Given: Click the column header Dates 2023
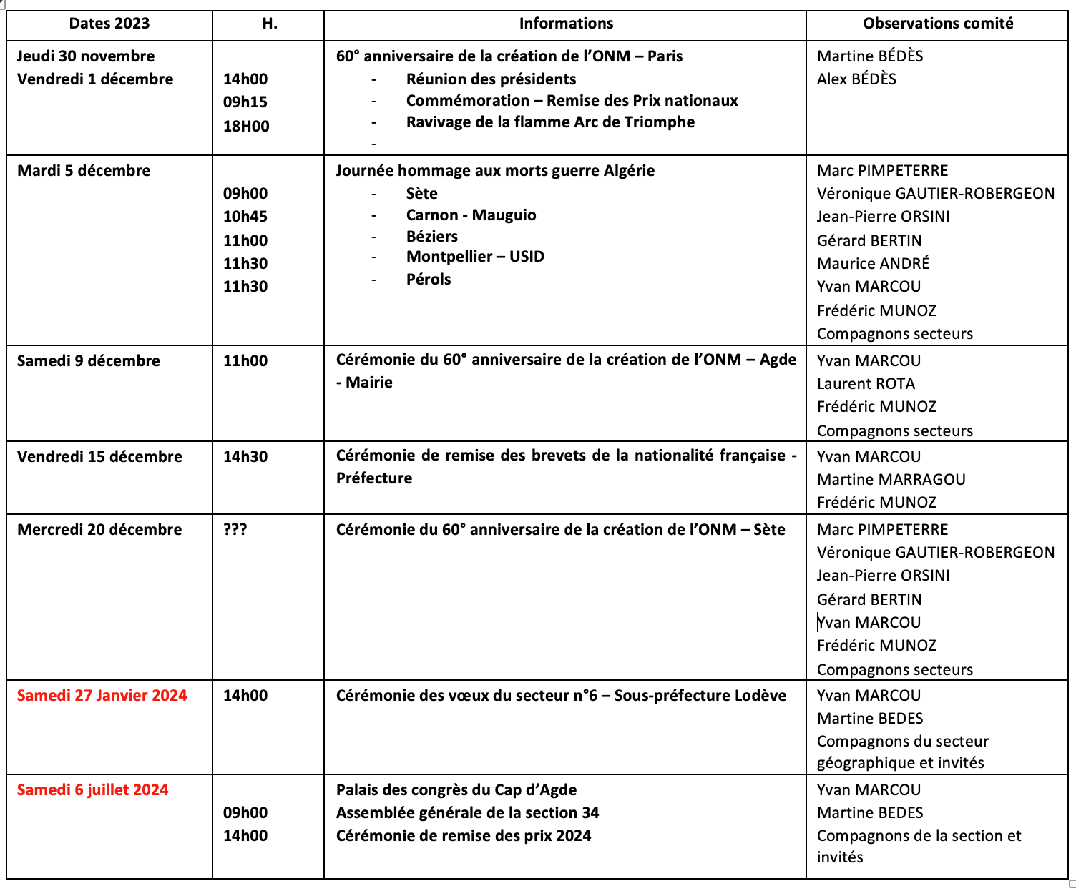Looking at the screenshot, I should (109, 24).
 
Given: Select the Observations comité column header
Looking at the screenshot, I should (937, 24).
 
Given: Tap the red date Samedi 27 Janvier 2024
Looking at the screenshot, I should (102, 695).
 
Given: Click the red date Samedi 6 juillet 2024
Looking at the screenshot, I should (93, 789).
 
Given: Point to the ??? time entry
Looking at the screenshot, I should (235, 530).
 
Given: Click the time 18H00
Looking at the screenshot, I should (246, 127).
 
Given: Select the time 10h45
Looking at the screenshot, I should (245, 216).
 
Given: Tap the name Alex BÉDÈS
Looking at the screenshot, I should (856, 79).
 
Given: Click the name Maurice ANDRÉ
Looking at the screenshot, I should (873, 263).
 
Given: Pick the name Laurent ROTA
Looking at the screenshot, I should (866, 383).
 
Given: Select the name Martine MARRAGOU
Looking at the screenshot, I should (891, 479).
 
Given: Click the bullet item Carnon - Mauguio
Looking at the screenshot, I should (471, 215).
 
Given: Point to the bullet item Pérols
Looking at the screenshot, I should (429, 280).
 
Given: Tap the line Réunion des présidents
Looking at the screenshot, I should (491, 79).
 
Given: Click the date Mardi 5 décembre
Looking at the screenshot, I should (84, 170).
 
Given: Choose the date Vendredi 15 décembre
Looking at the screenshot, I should (99, 456).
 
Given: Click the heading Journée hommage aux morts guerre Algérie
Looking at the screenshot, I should (495, 170).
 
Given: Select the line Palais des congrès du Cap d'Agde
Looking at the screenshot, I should (456, 789).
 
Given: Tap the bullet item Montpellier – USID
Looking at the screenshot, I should (475, 257).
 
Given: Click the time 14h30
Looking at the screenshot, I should (245, 456).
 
